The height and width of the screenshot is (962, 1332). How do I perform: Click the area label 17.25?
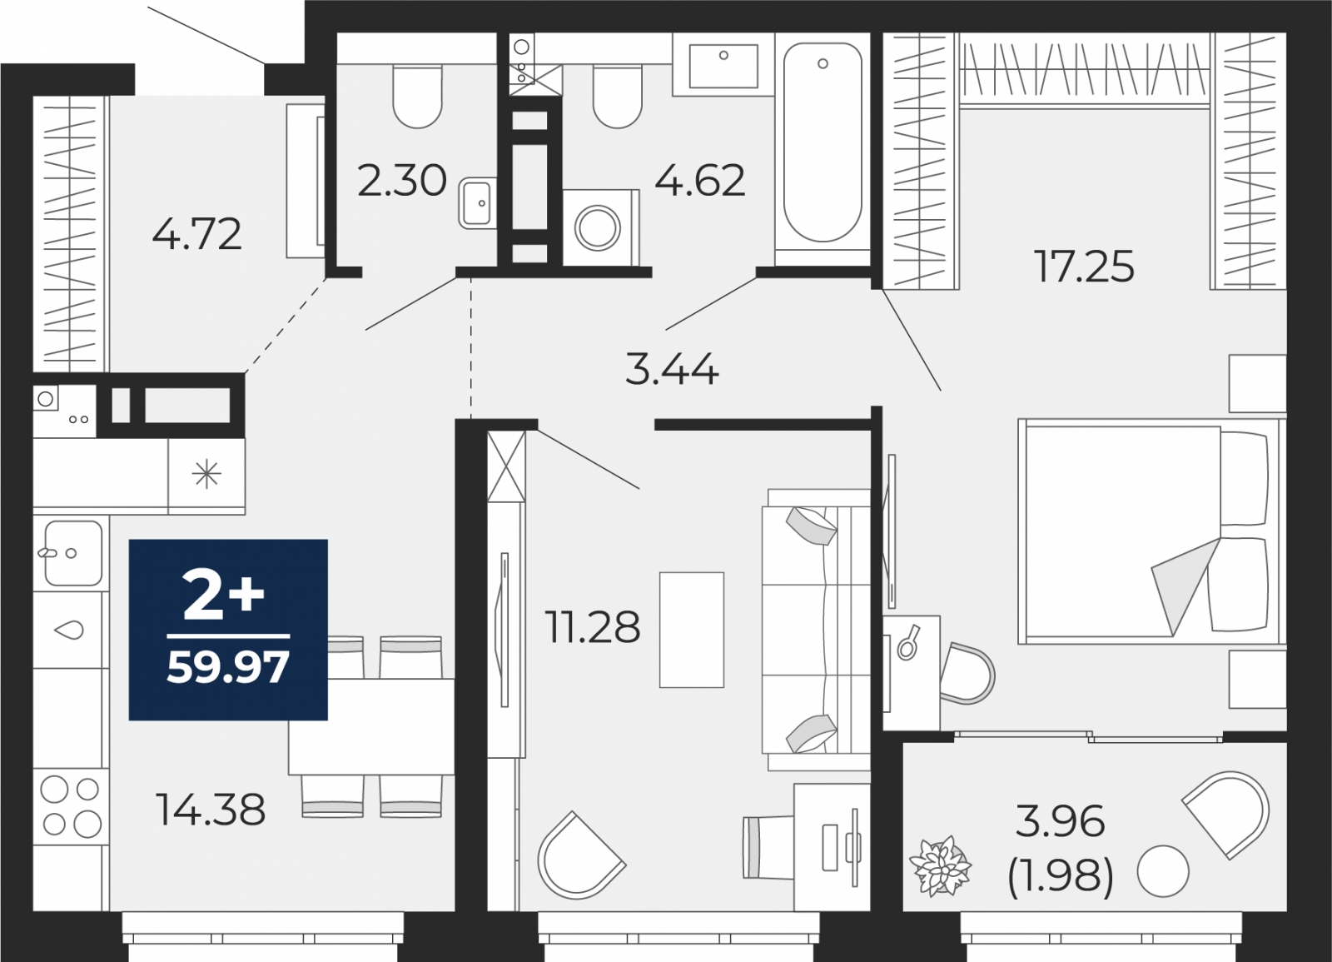[x=1084, y=267]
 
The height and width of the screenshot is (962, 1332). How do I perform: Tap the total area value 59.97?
[x=227, y=667]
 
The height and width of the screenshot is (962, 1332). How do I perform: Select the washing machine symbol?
[x=598, y=227]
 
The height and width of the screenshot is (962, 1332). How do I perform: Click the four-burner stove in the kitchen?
[x=71, y=805]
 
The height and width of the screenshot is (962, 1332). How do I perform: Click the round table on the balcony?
[x=1163, y=870]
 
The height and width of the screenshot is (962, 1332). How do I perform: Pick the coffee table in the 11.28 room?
[x=691, y=630]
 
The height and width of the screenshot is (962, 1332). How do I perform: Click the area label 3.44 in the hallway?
[x=671, y=369]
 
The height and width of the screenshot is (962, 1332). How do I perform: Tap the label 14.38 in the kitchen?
[x=211, y=809]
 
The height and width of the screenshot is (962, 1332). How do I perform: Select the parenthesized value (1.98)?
[x=1060, y=875]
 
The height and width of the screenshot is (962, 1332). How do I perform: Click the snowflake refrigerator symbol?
[x=206, y=476]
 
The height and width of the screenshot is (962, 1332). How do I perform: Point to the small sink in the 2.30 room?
[x=477, y=202]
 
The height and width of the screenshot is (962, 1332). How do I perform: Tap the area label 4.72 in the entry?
[x=196, y=234]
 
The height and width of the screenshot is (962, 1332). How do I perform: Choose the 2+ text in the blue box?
[x=223, y=596]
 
